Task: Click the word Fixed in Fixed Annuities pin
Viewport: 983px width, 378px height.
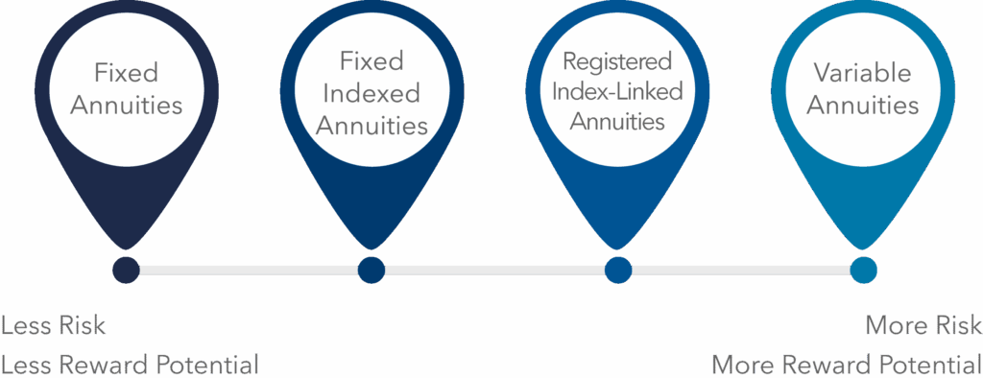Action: click(x=126, y=72)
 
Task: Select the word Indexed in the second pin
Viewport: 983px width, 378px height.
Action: click(x=372, y=93)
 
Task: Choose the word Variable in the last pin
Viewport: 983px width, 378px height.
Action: click(x=861, y=72)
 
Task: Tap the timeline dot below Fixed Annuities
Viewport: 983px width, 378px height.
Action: click(x=126, y=270)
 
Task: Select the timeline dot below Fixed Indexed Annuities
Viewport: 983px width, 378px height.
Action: click(x=372, y=270)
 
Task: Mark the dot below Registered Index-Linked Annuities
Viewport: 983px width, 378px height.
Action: click(x=618, y=270)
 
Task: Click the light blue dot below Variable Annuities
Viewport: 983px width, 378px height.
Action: click(x=864, y=270)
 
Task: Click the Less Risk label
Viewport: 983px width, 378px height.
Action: click(x=54, y=325)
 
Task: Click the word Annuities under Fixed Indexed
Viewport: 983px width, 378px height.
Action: click(x=372, y=125)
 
